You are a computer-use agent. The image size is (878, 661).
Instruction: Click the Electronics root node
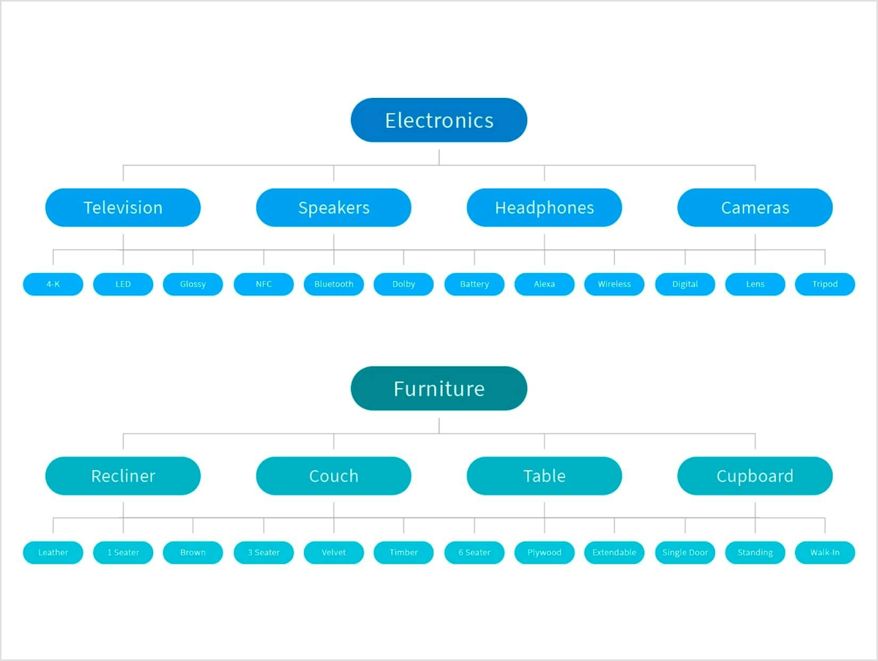439,120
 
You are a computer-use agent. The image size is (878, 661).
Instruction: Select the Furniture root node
439,389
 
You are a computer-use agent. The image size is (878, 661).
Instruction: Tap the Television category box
123,208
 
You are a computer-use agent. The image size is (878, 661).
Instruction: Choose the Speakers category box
334,208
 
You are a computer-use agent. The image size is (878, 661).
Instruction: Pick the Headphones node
544,208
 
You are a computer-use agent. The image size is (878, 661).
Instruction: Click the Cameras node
755,208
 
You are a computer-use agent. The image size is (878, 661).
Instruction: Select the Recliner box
123,476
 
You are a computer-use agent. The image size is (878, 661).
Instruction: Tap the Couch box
334,476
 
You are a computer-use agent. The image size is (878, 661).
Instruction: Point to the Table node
544,476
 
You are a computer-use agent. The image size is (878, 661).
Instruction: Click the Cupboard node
755,476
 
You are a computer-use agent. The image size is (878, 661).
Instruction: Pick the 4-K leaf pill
53,284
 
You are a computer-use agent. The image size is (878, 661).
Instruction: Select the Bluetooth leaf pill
334,284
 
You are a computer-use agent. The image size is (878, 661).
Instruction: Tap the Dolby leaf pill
403,284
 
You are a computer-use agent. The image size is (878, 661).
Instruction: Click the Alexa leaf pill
544,284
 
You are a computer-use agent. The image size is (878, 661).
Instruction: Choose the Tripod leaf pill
825,284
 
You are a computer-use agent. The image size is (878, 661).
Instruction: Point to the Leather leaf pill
53,552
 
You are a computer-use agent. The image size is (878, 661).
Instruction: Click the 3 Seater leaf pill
263,552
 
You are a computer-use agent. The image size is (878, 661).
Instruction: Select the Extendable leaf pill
615,552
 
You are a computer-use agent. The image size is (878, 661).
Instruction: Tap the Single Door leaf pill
685,552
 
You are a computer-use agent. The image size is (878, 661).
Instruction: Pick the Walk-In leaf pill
825,552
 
